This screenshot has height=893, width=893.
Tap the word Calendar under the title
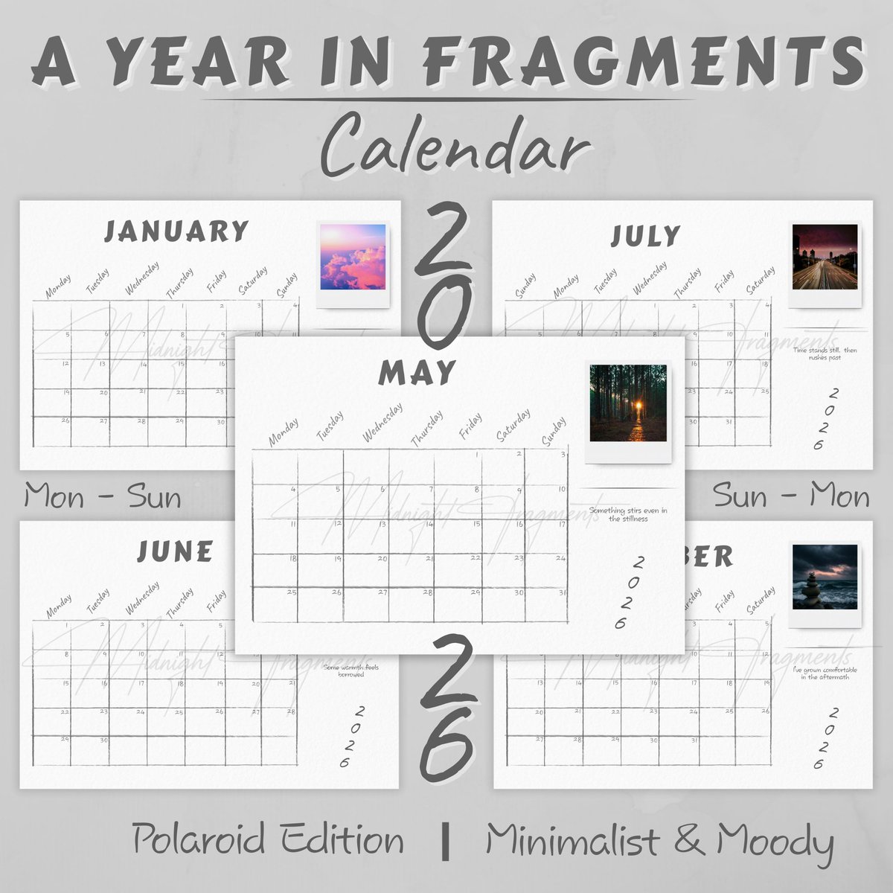tap(451, 145)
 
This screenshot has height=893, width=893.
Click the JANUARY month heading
tap(176, 231)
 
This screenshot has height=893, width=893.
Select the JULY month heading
tap(645, 236)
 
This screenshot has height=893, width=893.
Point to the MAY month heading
tap(416, 371)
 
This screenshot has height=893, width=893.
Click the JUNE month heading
tap(175, 551)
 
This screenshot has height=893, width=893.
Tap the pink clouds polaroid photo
tap(353, 257)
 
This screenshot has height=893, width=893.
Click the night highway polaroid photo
tap(825, 257)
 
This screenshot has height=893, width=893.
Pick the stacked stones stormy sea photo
tap(825, 577)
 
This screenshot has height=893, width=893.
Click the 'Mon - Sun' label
tap(103, 496)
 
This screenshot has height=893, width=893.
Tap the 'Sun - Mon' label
tap(791, 496)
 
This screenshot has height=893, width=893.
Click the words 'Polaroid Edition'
tap(269, 840)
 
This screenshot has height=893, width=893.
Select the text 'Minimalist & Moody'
tap(660, 841)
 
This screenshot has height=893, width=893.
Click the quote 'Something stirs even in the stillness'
tap(628, 514)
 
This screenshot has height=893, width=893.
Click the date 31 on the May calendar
tap(560, 592)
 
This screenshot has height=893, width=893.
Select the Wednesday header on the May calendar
tap(383, 423)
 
